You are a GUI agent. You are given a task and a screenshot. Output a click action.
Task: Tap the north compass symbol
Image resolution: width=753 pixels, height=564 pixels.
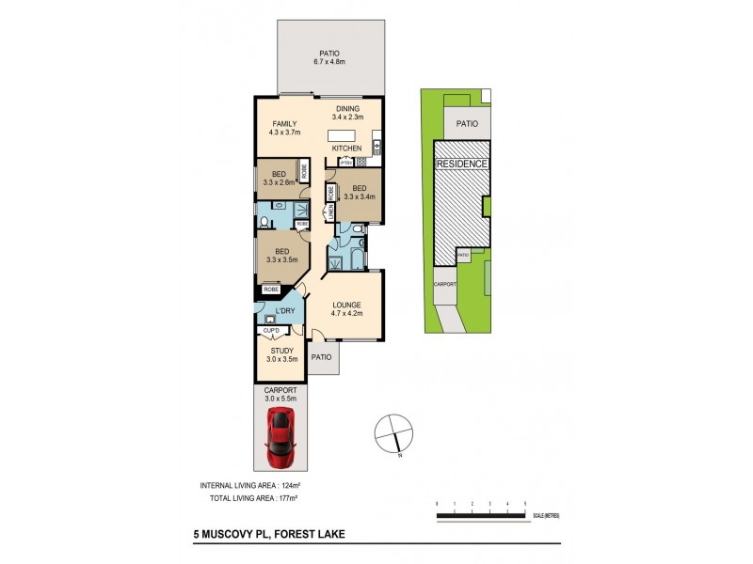pos(394,434)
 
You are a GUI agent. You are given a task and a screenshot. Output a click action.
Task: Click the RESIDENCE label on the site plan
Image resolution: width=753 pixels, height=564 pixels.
pos(461,164)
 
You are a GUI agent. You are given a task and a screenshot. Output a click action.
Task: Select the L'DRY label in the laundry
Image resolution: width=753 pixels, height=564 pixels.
pos(286,311)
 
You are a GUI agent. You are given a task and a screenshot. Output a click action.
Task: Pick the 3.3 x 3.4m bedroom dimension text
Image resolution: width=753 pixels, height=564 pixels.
pos(360,197)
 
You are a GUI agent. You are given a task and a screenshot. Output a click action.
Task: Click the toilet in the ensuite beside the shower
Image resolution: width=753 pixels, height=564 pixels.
pos(266,222)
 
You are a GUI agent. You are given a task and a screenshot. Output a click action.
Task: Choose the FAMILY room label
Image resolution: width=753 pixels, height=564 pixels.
pos(285,124)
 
